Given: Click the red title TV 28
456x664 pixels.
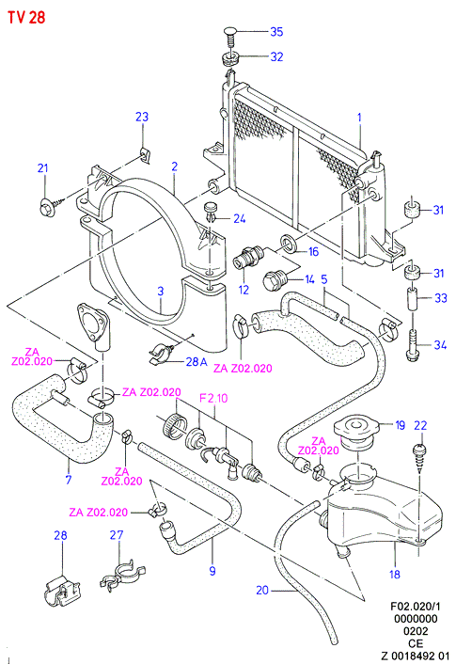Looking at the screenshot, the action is [x=26, y=17].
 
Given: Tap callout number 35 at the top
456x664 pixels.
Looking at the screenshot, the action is [x=276, y=32].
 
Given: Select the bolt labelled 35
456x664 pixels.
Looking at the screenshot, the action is [x=230, y=38].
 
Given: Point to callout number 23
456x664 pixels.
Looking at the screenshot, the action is [x=142, y=117].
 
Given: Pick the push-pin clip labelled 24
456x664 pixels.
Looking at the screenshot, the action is [x=211, y=213].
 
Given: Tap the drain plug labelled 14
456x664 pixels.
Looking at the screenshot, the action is [x=275, y=281].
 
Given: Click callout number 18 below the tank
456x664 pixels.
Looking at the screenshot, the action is [x=395, y=574].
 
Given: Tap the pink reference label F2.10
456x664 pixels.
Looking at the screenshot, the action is [x=213, y=398].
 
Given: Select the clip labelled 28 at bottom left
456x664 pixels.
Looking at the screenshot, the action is [x=62, y=592].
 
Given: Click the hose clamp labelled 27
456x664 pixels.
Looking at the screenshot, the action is [x=122, y=575].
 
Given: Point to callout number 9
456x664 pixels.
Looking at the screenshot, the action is [x=212, y=571].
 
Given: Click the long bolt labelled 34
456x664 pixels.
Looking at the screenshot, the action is [x=413, y=344].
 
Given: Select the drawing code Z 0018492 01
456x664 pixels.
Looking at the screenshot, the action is [x=415, y=656].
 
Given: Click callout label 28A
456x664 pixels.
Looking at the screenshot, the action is [x=197, y=362].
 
